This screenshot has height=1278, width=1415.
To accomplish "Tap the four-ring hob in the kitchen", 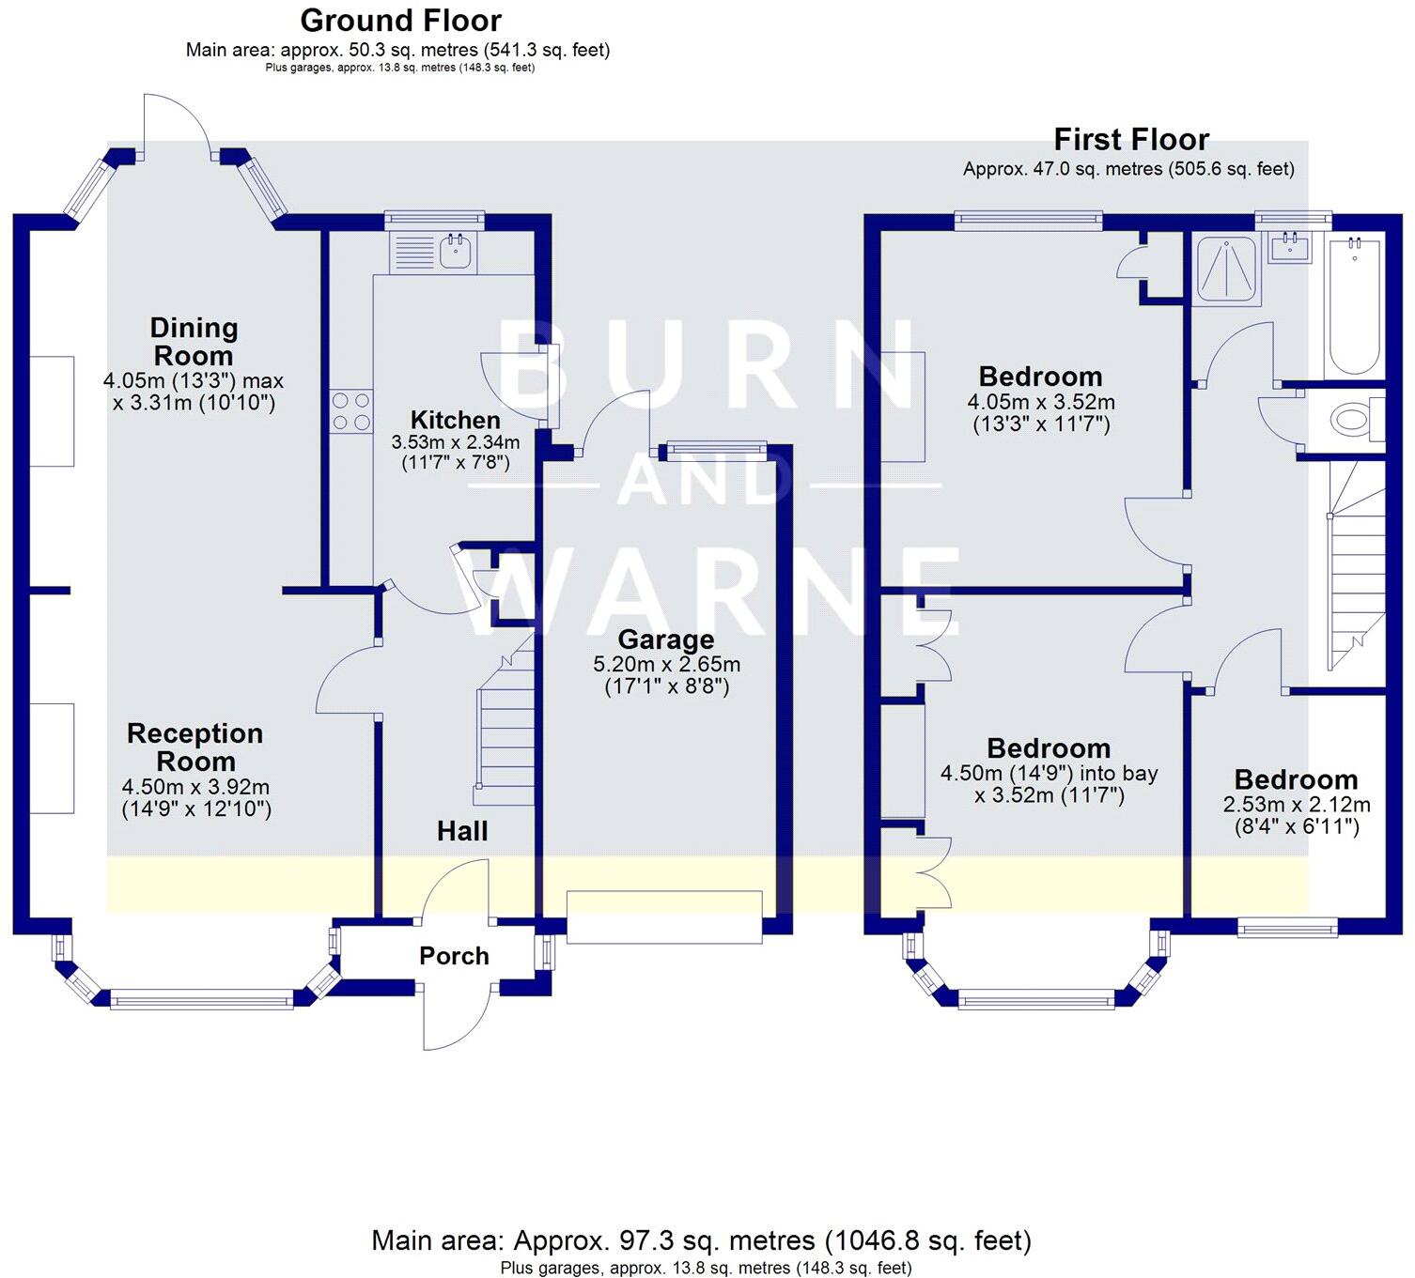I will click(350, 412).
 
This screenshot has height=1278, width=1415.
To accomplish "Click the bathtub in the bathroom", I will click(1354, 307).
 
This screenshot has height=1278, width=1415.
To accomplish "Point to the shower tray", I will click(1225, 270).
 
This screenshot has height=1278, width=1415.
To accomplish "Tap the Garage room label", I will click(665, 639).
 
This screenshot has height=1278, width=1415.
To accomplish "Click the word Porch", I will click(454, 956).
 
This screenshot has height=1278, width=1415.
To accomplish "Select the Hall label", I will click(462, 831).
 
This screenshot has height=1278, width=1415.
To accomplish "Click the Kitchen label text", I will click(455, 420).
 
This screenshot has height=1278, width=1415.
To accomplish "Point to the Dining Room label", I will click(194, 342).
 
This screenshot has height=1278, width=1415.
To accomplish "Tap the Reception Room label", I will click(194, 747).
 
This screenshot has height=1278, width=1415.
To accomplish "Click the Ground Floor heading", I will click(400, 20).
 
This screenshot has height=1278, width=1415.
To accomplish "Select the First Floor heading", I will click(1130, 140).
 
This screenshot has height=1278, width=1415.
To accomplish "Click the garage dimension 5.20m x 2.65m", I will click(666, 665).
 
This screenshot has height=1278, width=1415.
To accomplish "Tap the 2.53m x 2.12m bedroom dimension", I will click(1296, 805).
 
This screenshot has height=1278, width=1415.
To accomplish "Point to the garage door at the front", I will click(664, 916).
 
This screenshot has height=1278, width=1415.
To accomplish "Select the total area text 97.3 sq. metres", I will click(701, 1240).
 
